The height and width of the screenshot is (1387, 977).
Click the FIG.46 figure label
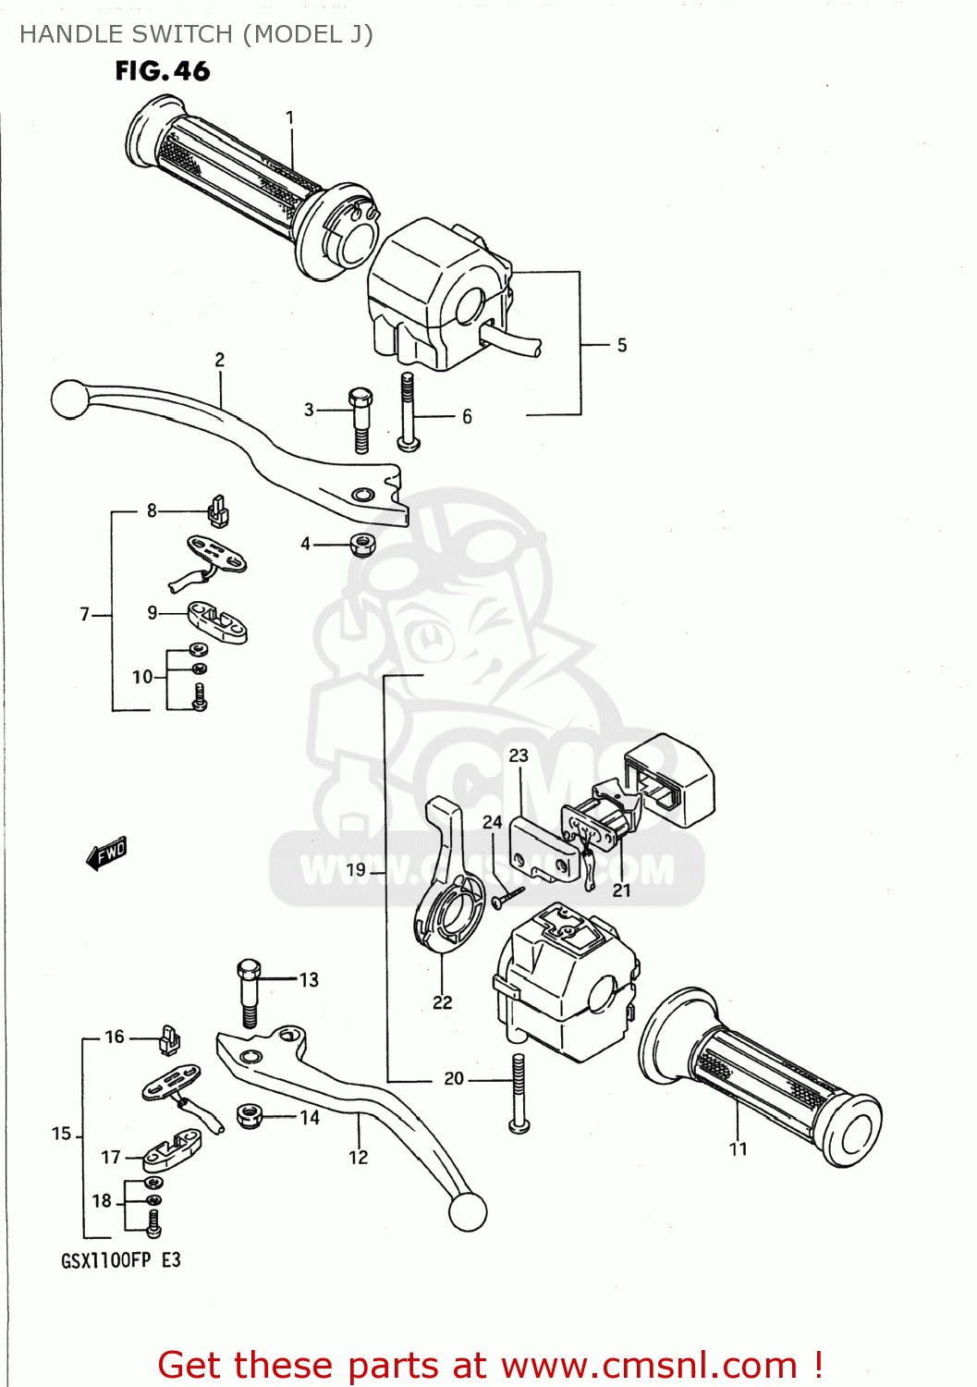(x=163, y=71)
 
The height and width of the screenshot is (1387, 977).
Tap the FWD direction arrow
(x=107, y=853)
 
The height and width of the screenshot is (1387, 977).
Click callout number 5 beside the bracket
(x=622, y=345)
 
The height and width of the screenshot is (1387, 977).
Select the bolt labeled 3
(x=360, y=421)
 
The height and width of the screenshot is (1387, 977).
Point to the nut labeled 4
(x=363, y=545)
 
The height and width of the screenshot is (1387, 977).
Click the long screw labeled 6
(x=408, y=412)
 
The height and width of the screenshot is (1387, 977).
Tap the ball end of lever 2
(x=68, y=399)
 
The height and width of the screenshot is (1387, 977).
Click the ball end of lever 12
(x=467, y=1211)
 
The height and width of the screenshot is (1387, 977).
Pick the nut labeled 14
(x=248, y=1116)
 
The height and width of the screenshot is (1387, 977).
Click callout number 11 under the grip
(x=738, y=1149)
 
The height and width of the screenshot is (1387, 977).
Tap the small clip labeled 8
(x=218, y=510)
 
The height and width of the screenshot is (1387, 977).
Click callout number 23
(x=519, y=755)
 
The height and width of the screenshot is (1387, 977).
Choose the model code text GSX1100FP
(x=105, y=1260)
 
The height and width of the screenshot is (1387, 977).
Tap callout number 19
(x=356, y=869)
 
